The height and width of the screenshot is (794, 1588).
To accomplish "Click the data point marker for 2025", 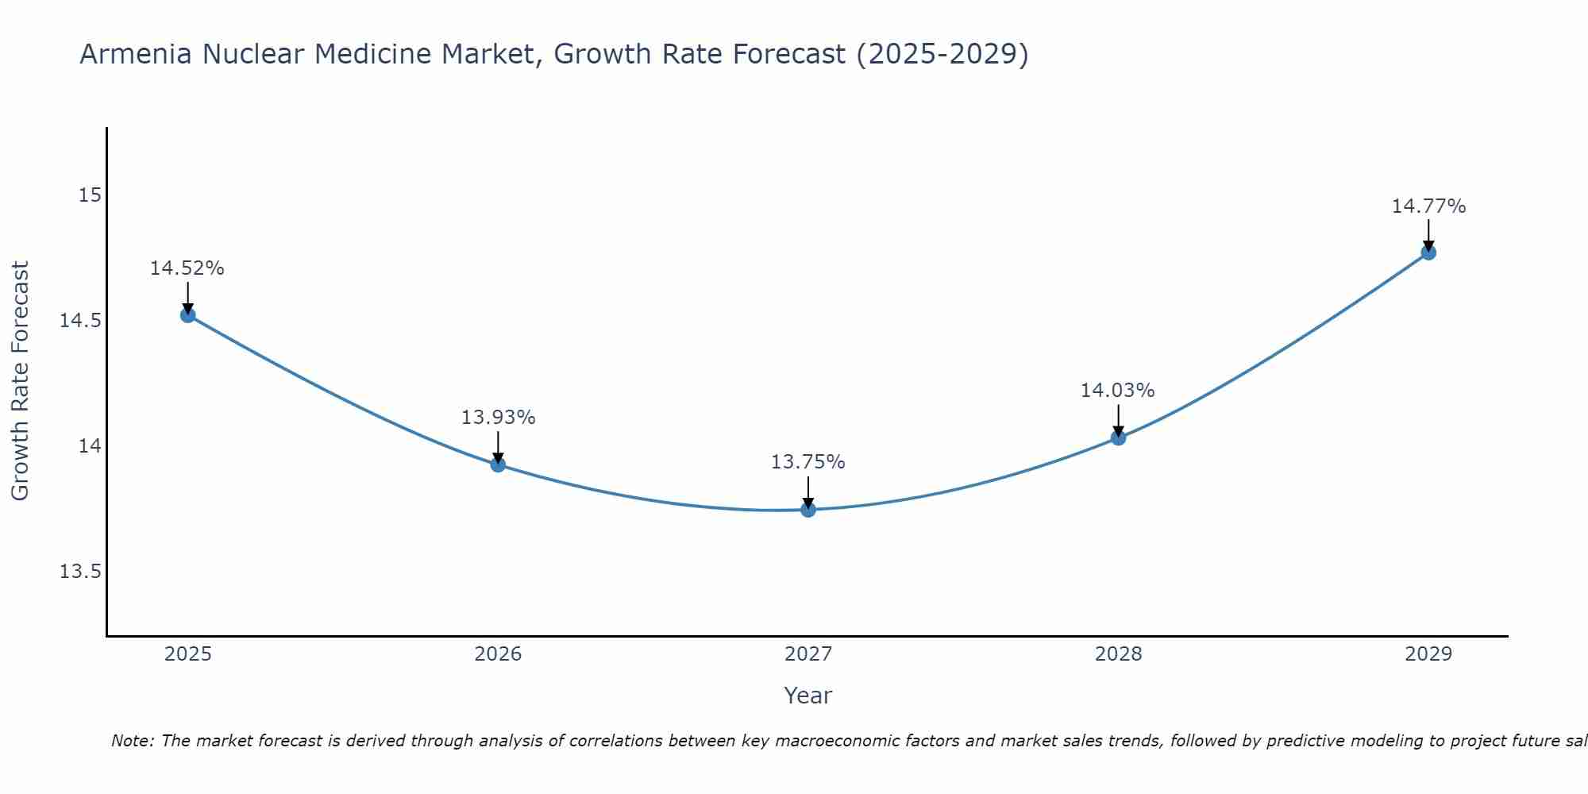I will (187, 315).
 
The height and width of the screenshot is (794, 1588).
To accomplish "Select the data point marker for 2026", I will (498, 464).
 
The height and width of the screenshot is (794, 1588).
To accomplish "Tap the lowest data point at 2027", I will (808, 510).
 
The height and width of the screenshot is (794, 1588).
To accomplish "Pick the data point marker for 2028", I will (1118, 437).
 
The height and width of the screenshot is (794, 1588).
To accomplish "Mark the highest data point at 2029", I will (1428, 252).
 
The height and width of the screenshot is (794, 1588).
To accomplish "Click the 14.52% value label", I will (187, 268).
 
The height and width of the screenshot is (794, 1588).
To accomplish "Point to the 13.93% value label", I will (498, 417).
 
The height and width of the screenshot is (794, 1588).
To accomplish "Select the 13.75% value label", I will (808, 462).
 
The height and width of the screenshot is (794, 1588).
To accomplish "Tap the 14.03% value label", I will (1117, 391).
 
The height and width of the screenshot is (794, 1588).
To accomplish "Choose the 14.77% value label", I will (1428, 206).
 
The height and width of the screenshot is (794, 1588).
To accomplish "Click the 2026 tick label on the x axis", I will (498, 654).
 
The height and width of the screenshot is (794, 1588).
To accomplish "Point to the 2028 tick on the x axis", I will (1118, 654).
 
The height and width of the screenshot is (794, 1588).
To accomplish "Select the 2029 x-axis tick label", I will (1428, 654).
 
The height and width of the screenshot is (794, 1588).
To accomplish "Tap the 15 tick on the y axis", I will (91, 195).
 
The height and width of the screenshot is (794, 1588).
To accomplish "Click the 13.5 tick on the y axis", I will (81, 572).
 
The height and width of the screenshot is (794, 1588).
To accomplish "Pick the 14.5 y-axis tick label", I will (81, 321).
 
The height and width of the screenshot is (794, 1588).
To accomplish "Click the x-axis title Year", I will (807, 696).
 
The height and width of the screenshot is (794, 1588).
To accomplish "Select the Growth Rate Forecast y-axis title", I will (20, 381).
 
